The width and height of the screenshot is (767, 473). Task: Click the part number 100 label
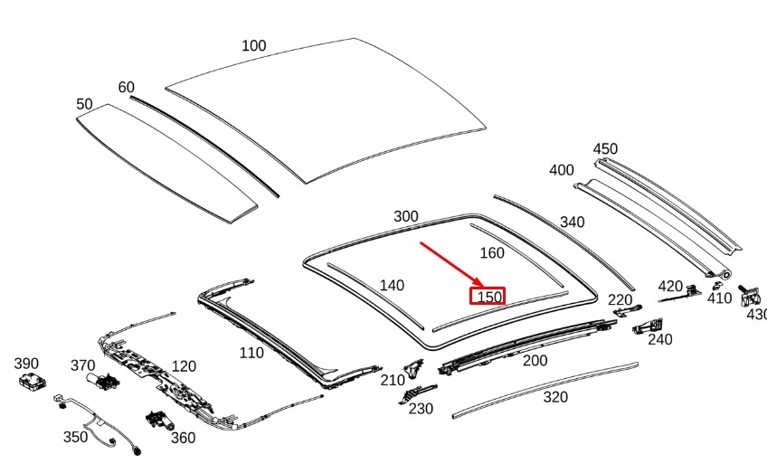[x=254, y=45]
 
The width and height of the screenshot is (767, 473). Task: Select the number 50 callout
[x=84, y=104]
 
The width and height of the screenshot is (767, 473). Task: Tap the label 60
[x=127, y=87]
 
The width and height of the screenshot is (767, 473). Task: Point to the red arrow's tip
[x=483, y=287]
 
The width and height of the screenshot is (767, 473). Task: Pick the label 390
[x=26, y=364]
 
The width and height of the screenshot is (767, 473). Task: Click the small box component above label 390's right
[x=32, y=381]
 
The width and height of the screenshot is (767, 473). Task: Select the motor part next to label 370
[x=101, y=381]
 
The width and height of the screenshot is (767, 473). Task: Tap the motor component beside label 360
[x=159, y=421]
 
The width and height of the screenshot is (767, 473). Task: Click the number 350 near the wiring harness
[x=75, y=437]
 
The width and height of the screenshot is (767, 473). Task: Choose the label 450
[x=605, y=148]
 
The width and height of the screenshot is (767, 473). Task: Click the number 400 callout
[x=561, y=170]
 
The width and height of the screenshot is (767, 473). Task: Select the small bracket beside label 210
[x=412, y=368]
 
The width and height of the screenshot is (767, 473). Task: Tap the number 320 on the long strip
[x=555, y=397]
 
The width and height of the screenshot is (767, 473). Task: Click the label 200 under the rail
[x=535, y=361]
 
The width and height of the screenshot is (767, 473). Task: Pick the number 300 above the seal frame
[x=406, y=216]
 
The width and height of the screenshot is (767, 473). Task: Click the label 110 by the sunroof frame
[x=251, y=353]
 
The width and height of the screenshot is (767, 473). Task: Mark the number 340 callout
[x=572, y=222]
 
